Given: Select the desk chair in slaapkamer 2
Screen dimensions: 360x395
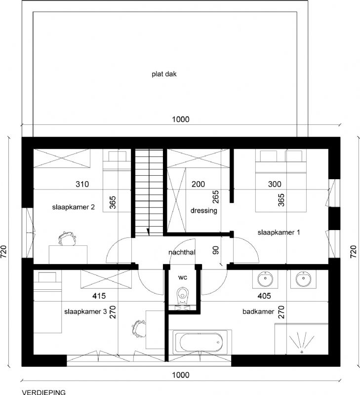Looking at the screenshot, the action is pyautogui.click(x=67, y=238).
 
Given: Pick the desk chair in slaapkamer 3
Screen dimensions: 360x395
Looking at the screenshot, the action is pyautogui.click(x=138, y=329).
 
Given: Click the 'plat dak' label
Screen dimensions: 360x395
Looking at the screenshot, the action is pyautogui.click(x=164, y=74).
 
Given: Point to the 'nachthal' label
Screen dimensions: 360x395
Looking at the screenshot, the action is pyautogui.click(x=182, y=252).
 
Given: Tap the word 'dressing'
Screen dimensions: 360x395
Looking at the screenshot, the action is pyautogui.click(x=204, y=211).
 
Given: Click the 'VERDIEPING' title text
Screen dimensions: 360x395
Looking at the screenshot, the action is pyautogui.click(x=44, y=392).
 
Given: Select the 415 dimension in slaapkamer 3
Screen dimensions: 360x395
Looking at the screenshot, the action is pyautogui.click(x=99, y=296).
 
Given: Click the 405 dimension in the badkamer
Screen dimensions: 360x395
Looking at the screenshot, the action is pyautogui.click(x=264, y=296).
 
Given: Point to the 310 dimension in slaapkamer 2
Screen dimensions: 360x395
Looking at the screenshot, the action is pyautogui.click(x=82, y=184).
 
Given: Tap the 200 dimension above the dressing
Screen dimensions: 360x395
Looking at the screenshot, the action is pyautogui.click(x=198, y=184).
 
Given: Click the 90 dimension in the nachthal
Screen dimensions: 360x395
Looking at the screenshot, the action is pyautogui.click(x=216, y=250).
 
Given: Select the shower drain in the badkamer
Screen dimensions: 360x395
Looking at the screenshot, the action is pyautogui.click(x=302, y=352).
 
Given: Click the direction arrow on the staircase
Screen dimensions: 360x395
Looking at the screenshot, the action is pyautogui.click(x=148, y=232).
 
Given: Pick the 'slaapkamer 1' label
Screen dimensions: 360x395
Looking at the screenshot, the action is pyautogui.click(x=279, y=232).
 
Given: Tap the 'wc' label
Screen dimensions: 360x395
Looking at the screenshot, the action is pyautogui.click(x=183, y=277).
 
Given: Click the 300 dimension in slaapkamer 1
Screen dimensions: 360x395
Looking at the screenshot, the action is pyautogui.click(x=275, y=184).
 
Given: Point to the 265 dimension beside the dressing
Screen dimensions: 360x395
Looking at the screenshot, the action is pyautogui.click(x=216, y=197).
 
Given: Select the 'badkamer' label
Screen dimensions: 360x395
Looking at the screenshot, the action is pyautogui.click(x=258, y=312).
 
